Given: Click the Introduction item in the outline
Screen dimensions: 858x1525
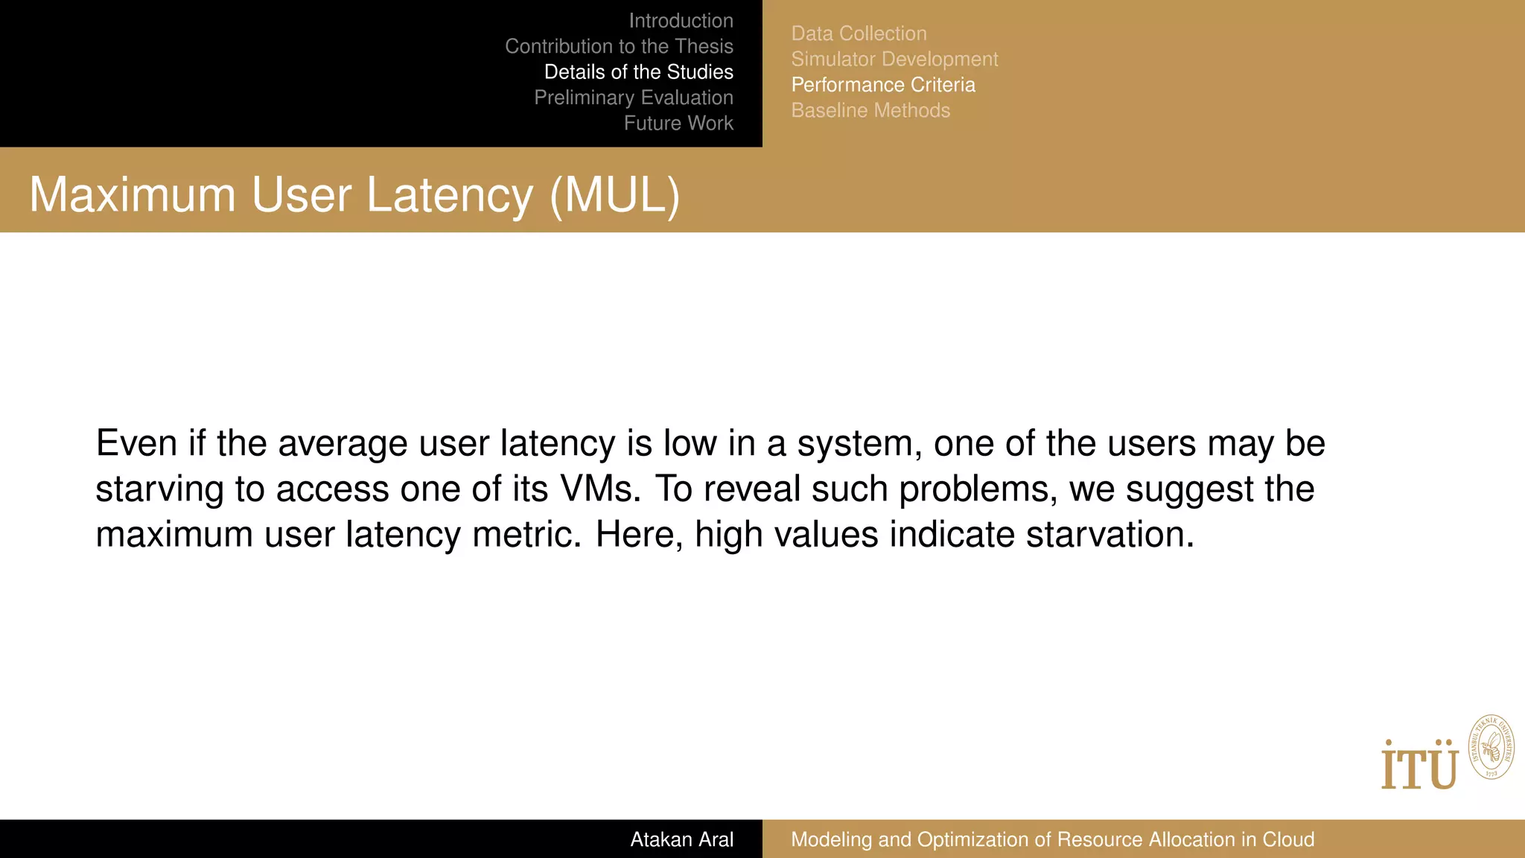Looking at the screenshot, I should click(x=681, y=21).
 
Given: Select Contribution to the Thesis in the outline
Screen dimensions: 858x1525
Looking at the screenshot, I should click(x=619, y=46).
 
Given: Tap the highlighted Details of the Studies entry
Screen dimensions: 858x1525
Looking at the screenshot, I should click(x=638, y=72).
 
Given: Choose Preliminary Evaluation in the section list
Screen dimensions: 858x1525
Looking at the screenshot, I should click(x=633, y=98).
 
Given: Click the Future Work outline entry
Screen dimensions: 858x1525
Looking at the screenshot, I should click(x=678, y=123).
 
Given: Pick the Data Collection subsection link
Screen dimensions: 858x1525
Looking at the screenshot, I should click(x=859, y=34).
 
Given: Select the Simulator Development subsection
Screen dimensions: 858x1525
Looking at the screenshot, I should click(x=894, y=59).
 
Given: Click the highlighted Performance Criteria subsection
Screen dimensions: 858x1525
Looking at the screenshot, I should click(x=883, y=85).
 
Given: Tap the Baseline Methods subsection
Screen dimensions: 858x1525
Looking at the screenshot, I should click(x=870, y=110).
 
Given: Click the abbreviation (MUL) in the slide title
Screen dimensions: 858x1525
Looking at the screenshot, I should click(x=615, y=195).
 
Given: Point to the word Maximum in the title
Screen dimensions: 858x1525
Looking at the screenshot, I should click(x=133, y=195).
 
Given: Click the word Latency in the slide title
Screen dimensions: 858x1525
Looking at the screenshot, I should click(x=450, y=195).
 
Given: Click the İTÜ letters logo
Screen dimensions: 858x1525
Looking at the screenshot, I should click(x=1419, y=765).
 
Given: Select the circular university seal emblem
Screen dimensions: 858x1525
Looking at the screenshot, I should click(x=1491, y=747).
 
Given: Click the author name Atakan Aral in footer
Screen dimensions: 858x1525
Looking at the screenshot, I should click(x=681, y=839).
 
